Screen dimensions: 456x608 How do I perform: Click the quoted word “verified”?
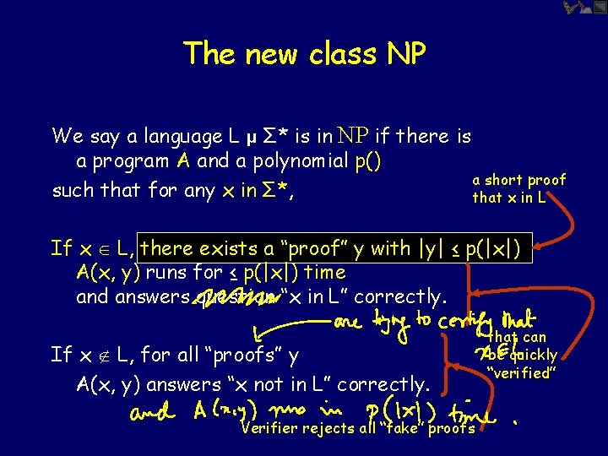pos(520,372)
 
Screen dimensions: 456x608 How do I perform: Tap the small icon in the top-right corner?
pos(584,8)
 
